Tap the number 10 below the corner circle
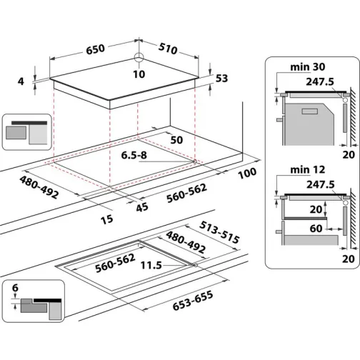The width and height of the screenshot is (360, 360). pyautogui.click(x=139, y=74)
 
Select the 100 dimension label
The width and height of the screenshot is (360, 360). pyautogui.click(x=247, y=174)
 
